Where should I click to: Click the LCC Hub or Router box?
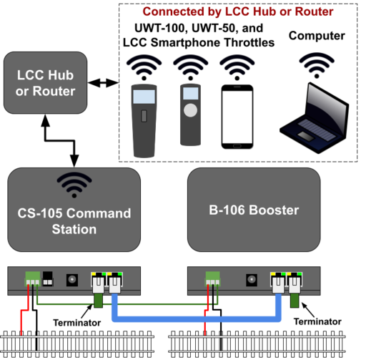click(46, 83)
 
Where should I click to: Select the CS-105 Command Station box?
click(74, 210)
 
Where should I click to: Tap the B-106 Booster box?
click(254, 210)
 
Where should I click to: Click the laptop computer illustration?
click(315, 118)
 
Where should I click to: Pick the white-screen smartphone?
click(237, 117)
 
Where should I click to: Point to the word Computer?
click(317, 36)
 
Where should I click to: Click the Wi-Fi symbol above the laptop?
click(317, 66)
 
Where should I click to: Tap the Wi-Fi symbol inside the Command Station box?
click(74, 185)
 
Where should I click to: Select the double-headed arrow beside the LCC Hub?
click(103, 83)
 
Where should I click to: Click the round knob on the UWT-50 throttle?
click(190, 110)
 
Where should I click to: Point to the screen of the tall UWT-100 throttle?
click(144, 97)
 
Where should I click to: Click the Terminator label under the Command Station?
click(77, 323)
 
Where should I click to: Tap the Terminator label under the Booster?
click(317, 321)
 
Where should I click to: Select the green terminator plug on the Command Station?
click(98, 301)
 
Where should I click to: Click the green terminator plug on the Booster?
click(295, 301)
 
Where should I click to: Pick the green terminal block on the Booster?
click(212, 278)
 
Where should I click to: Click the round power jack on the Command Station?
click(72, 280)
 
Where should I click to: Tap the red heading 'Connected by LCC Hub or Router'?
click(238, 11)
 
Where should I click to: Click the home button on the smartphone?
click(237, 146)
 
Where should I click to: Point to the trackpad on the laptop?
click(306, 136)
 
